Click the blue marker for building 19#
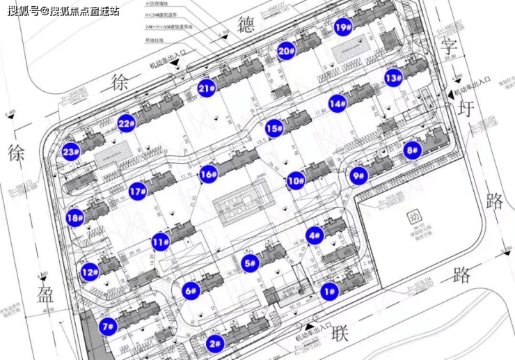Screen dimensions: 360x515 pyautogui.click(x=342, y=28)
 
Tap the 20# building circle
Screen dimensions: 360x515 pyautogui.click(x=285, y=51)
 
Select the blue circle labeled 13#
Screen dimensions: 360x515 pyautogui.click(x=394, y=77)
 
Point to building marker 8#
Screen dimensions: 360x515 pyautogui.click(x=412, y=149)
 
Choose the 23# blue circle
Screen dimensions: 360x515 pyautogui.click(x=71, y=152)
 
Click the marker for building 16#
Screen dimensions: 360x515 pyautogui.click(x=207, y=175)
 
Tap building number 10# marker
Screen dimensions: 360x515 pyautogui.click(x=296, y=181)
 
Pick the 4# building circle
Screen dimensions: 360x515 pyautogui.click(x=315, y=235)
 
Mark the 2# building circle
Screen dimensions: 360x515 pyautogui.click(x=215, y=343)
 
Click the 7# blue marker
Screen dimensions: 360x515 pyautogui.click(x=108, y=325)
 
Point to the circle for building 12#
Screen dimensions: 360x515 pyautogui.click(x=89, y=272)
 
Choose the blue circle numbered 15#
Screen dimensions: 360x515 pyautogui.click(x=274, y=129)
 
